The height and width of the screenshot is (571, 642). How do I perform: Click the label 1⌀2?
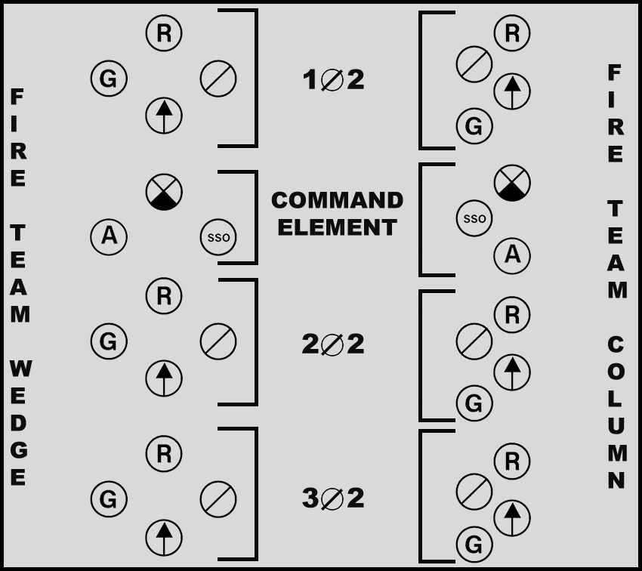click(333, 79)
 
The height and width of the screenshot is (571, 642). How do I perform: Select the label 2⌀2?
click(333, 344)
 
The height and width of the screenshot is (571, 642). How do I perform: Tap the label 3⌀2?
click(333, 498)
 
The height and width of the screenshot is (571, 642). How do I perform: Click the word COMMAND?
click(337, 200)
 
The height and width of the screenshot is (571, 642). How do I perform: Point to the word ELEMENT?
click(337, 227)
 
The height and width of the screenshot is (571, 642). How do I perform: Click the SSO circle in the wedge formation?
click(218, 238)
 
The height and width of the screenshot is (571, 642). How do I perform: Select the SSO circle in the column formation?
click(474, 219)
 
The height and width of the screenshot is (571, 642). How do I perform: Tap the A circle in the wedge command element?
click(109, 236)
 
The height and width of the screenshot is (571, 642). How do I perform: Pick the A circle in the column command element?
click(512, 255)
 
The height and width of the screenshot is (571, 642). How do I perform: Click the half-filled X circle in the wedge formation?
click(164, 191)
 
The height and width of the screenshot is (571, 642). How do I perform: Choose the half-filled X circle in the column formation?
click(512, 183)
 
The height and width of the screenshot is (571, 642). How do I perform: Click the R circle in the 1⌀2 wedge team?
click(164, 34)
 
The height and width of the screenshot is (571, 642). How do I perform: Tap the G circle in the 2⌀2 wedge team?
click(109, 342)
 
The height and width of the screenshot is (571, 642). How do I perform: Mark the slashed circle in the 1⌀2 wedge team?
click(218, 78)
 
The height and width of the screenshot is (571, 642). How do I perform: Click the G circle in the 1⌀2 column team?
click(474, 126)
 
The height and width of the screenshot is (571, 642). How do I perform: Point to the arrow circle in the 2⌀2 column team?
click(512, 372)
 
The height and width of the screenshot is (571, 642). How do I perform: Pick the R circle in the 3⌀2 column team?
click(512, 462)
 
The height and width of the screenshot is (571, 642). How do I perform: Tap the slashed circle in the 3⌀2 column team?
click(474, 492)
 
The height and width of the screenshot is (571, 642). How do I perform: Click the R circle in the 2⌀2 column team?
click(512, 315)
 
